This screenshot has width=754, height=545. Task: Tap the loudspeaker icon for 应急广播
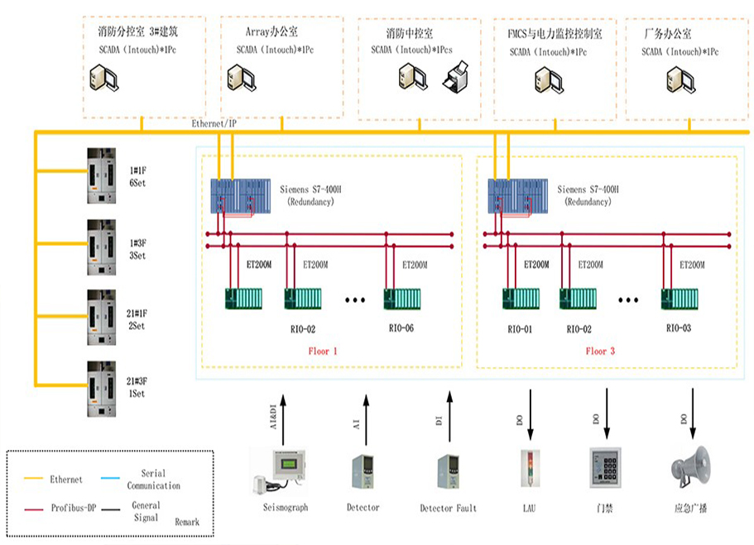[x=690, y=466]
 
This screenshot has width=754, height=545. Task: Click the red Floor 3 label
[x=601, y=351]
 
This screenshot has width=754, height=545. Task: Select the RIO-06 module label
[x=401, y=328]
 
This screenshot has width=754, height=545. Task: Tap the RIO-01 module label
[x=521, y=329]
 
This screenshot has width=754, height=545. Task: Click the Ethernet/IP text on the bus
[x=214, y=123]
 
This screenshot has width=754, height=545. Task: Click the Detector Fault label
[x=448, y=508]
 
